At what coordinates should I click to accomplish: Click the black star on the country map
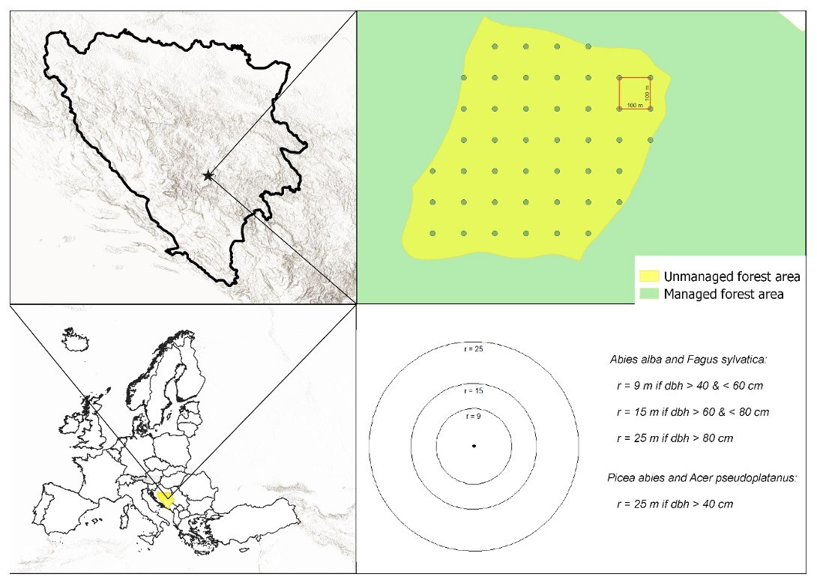[208, 175]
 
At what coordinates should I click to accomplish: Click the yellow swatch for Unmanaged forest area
[650, 277]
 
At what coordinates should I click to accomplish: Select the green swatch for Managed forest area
[650, 294]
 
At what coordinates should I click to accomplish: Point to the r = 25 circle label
[474, 348]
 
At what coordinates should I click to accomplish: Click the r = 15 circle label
[474, 391]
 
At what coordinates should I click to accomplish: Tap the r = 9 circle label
[474, 416]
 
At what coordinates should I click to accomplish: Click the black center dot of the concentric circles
[474, 447]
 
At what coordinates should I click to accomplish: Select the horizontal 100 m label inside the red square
[634, 106]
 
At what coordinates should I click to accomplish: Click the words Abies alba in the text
[634, 360]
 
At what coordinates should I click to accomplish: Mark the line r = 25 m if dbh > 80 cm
[675, 438]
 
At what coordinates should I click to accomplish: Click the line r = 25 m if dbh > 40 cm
[675, 504]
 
